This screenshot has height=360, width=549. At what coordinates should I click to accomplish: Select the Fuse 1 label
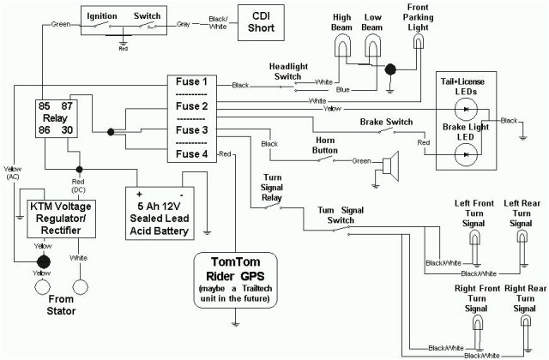191,82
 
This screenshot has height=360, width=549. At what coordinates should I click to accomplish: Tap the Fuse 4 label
191,154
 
